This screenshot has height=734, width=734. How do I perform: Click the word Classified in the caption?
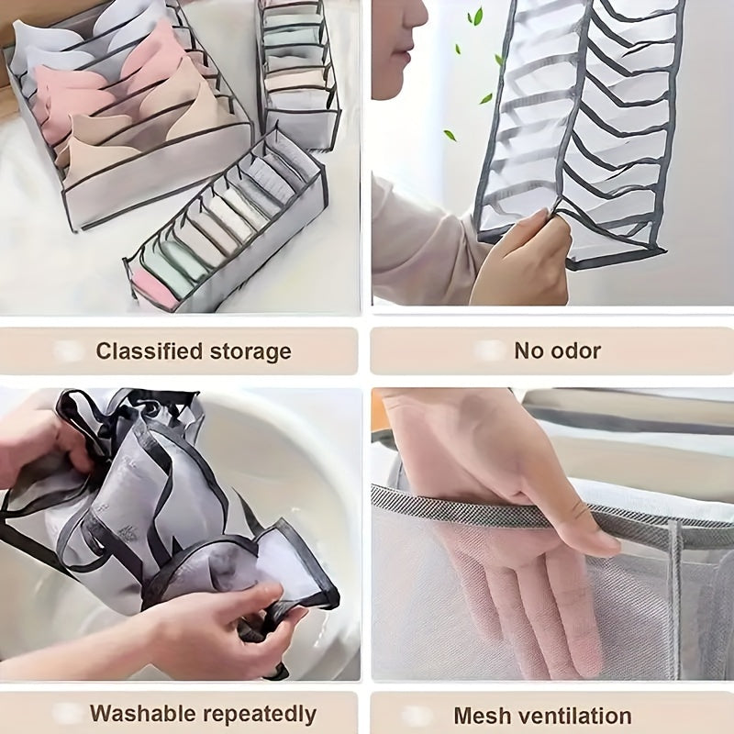pyautogui.click(x=147, y=351)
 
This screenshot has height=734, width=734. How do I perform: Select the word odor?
pyautogui.click(x=577, y=350)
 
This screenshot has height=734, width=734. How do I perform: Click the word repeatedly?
pyautogui.click(x=261, y=715)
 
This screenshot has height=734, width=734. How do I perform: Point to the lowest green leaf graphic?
pyautogui.click(x=450, y=135)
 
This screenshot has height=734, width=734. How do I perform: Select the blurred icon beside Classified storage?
pyautogui.click(x=69, y=351)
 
